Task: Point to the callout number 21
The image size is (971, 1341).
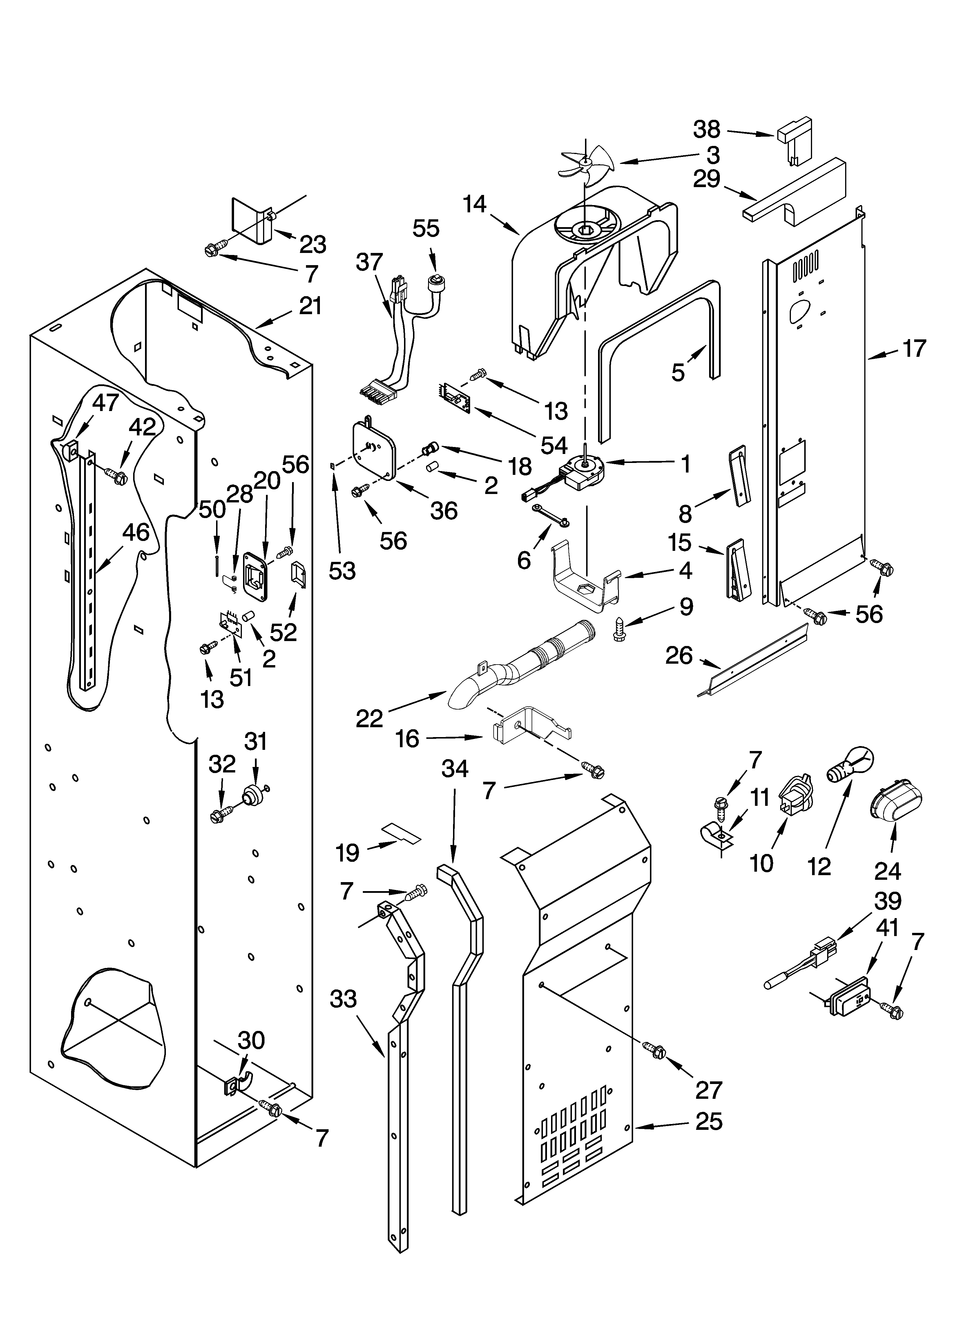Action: click(310, 306)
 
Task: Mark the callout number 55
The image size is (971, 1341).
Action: click(426, 228)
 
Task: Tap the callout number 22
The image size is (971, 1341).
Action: click(369, 719)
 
